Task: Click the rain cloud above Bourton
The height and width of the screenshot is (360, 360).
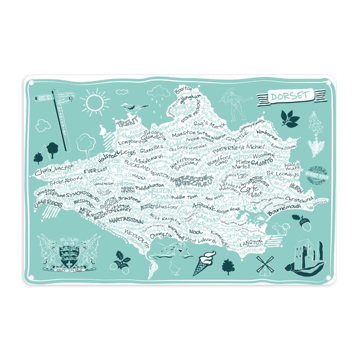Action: (161, 93)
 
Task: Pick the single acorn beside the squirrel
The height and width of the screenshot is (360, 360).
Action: (304, 223)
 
